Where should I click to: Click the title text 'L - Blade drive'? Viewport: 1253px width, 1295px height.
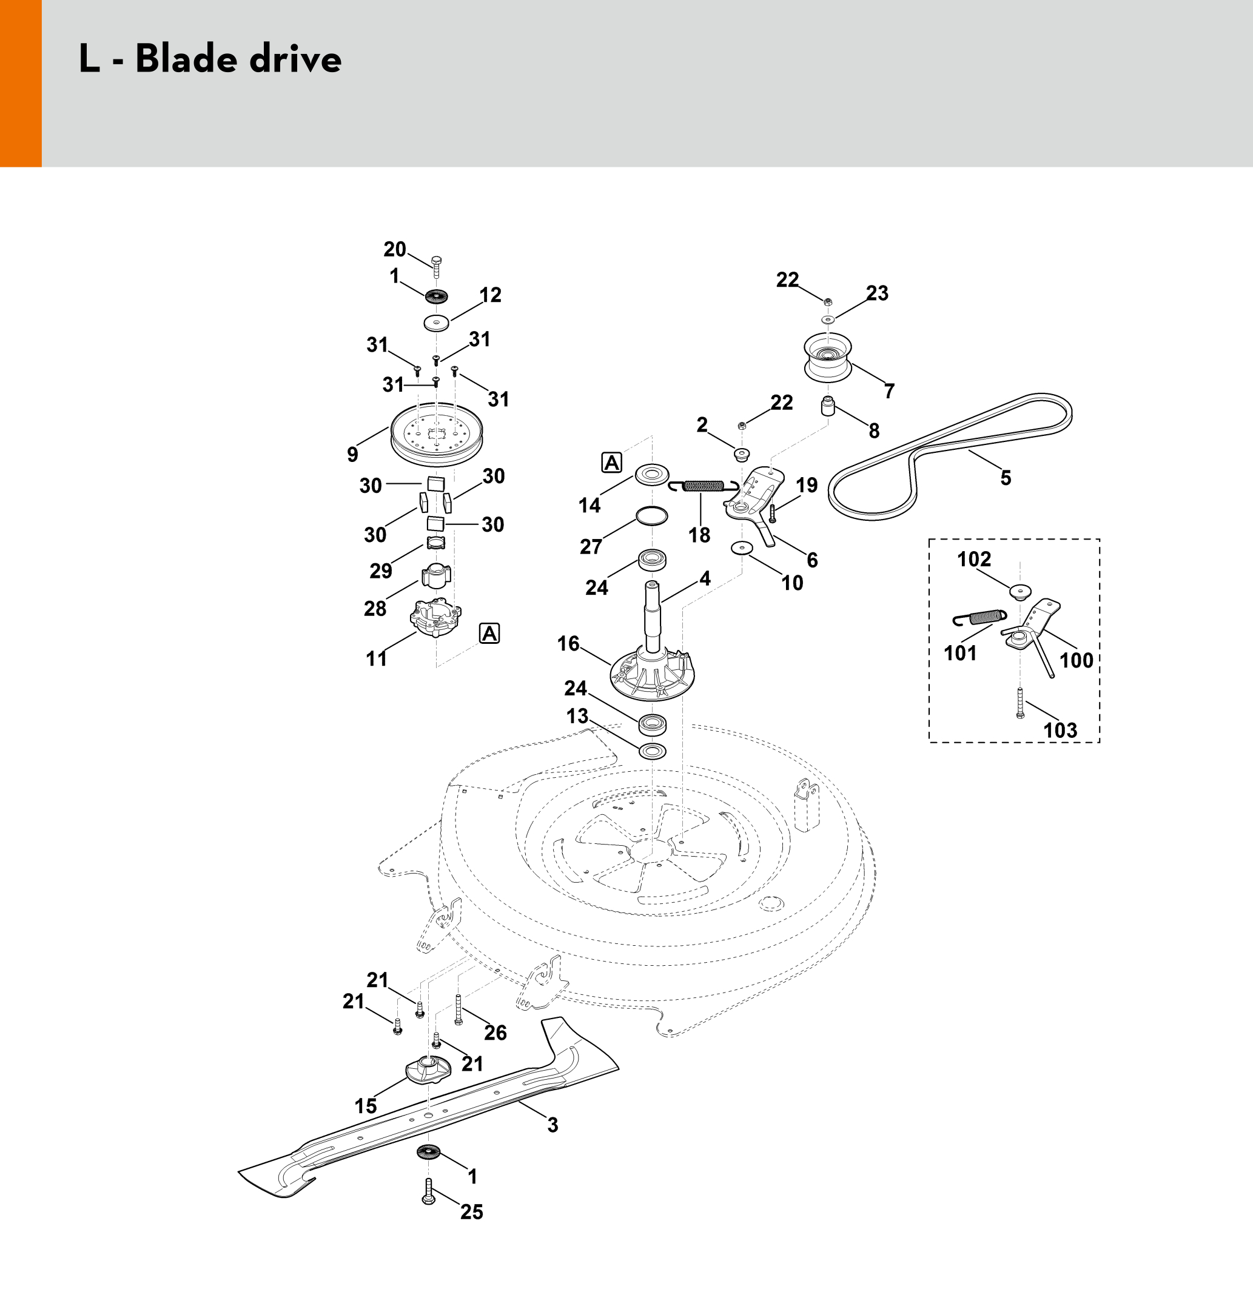coord(210,59)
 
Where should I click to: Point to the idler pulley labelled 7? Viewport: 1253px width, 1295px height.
coord(827,356)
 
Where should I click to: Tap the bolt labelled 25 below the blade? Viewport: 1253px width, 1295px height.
coord(428,1210)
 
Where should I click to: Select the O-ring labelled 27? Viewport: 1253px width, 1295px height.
coord(651,515)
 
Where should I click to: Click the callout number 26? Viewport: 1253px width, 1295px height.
coord(495,1032)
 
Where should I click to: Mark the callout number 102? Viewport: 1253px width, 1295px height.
coord(974,559)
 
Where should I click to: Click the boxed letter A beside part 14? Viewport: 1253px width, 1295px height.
coord(612,463)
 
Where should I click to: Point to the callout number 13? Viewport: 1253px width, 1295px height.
coord(577,716)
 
